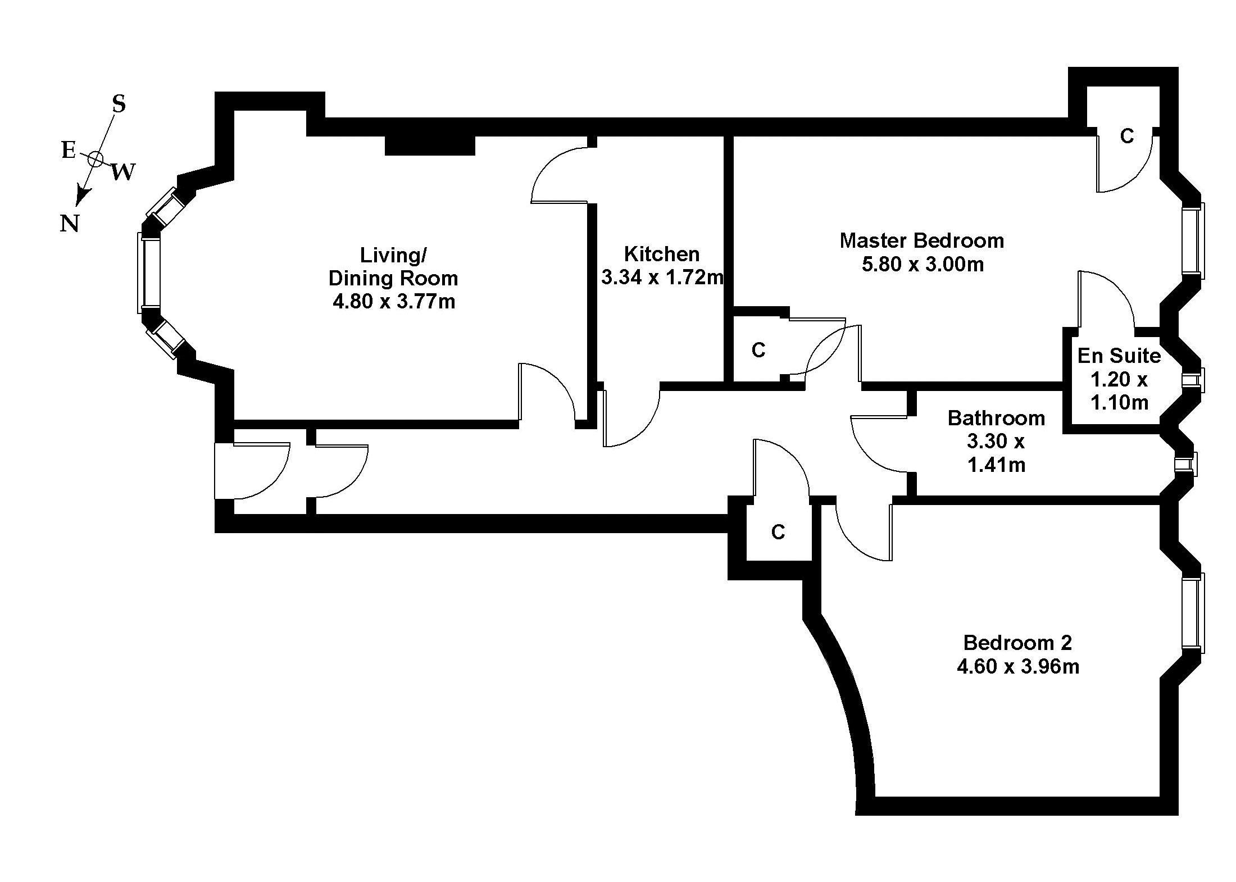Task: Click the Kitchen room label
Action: coord(662,254)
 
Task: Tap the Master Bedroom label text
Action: coord(921,240)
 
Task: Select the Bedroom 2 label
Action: coord(1017,643)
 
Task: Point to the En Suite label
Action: coord(1119,356)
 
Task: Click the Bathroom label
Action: coord(996,418)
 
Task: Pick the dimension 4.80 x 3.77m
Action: coord(394,302)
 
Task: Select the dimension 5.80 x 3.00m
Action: coord(923,264)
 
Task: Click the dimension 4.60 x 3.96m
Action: coord(1017,667)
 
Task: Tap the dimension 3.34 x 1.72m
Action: coord(662,278)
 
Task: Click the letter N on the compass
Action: coord(69,224)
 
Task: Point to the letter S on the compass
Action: coord(119,104)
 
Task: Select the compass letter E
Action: coord(68,150)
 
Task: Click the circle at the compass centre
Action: coord(95,160)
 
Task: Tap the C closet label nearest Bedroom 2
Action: coord(778,531)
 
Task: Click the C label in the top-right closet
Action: coord(1127,136)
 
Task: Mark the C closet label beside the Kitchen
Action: coord(758,351)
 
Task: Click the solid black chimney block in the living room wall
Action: coord(430,145)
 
